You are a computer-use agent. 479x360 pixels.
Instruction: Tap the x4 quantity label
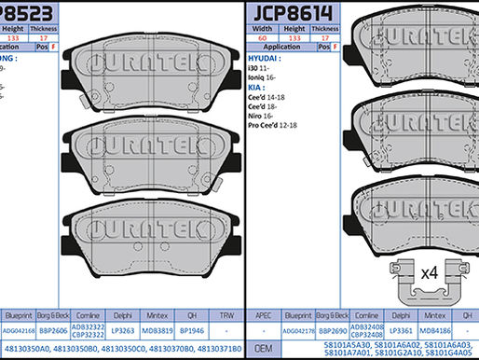tap(429, 273)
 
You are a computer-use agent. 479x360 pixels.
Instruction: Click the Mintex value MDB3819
tap(157, 329)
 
